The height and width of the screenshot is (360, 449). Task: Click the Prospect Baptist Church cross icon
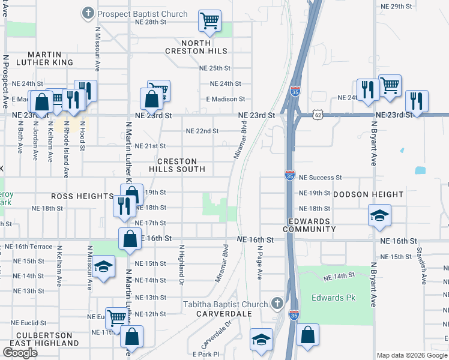pos(88,13)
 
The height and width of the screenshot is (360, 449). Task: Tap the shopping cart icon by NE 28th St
pos(210,22)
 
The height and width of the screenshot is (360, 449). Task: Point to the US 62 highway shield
pos(318,114)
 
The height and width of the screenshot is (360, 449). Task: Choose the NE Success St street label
pos(320,178)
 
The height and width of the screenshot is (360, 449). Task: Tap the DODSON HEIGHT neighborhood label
pos(368,194)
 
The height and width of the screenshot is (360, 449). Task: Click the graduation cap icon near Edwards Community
pos(379,215)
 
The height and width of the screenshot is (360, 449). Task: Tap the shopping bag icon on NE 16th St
pos(130,239)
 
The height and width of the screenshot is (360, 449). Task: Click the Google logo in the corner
pos(20,353)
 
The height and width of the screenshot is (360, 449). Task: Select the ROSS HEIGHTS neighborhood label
pos(82,196)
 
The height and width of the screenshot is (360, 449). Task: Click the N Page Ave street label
pos(261,262)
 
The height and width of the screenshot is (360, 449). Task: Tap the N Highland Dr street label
pos(180,263)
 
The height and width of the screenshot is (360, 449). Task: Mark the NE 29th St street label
pos(397,6)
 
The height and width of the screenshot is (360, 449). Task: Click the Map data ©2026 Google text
pos(411,355)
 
